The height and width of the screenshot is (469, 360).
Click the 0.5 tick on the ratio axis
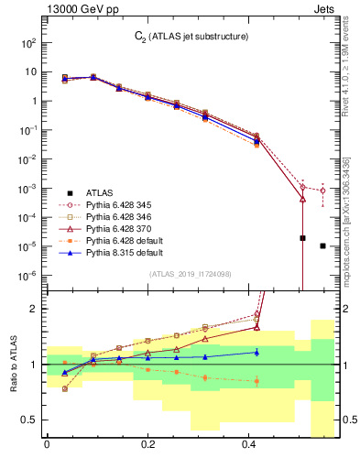[x=31, y=420]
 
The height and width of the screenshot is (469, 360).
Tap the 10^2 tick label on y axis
[x=27, y=42]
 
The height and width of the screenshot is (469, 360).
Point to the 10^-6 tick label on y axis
[x=27, y=275]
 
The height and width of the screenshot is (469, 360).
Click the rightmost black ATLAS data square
[x=322, y=245]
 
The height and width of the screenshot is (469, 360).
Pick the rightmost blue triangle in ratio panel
[x=256, y=351]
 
